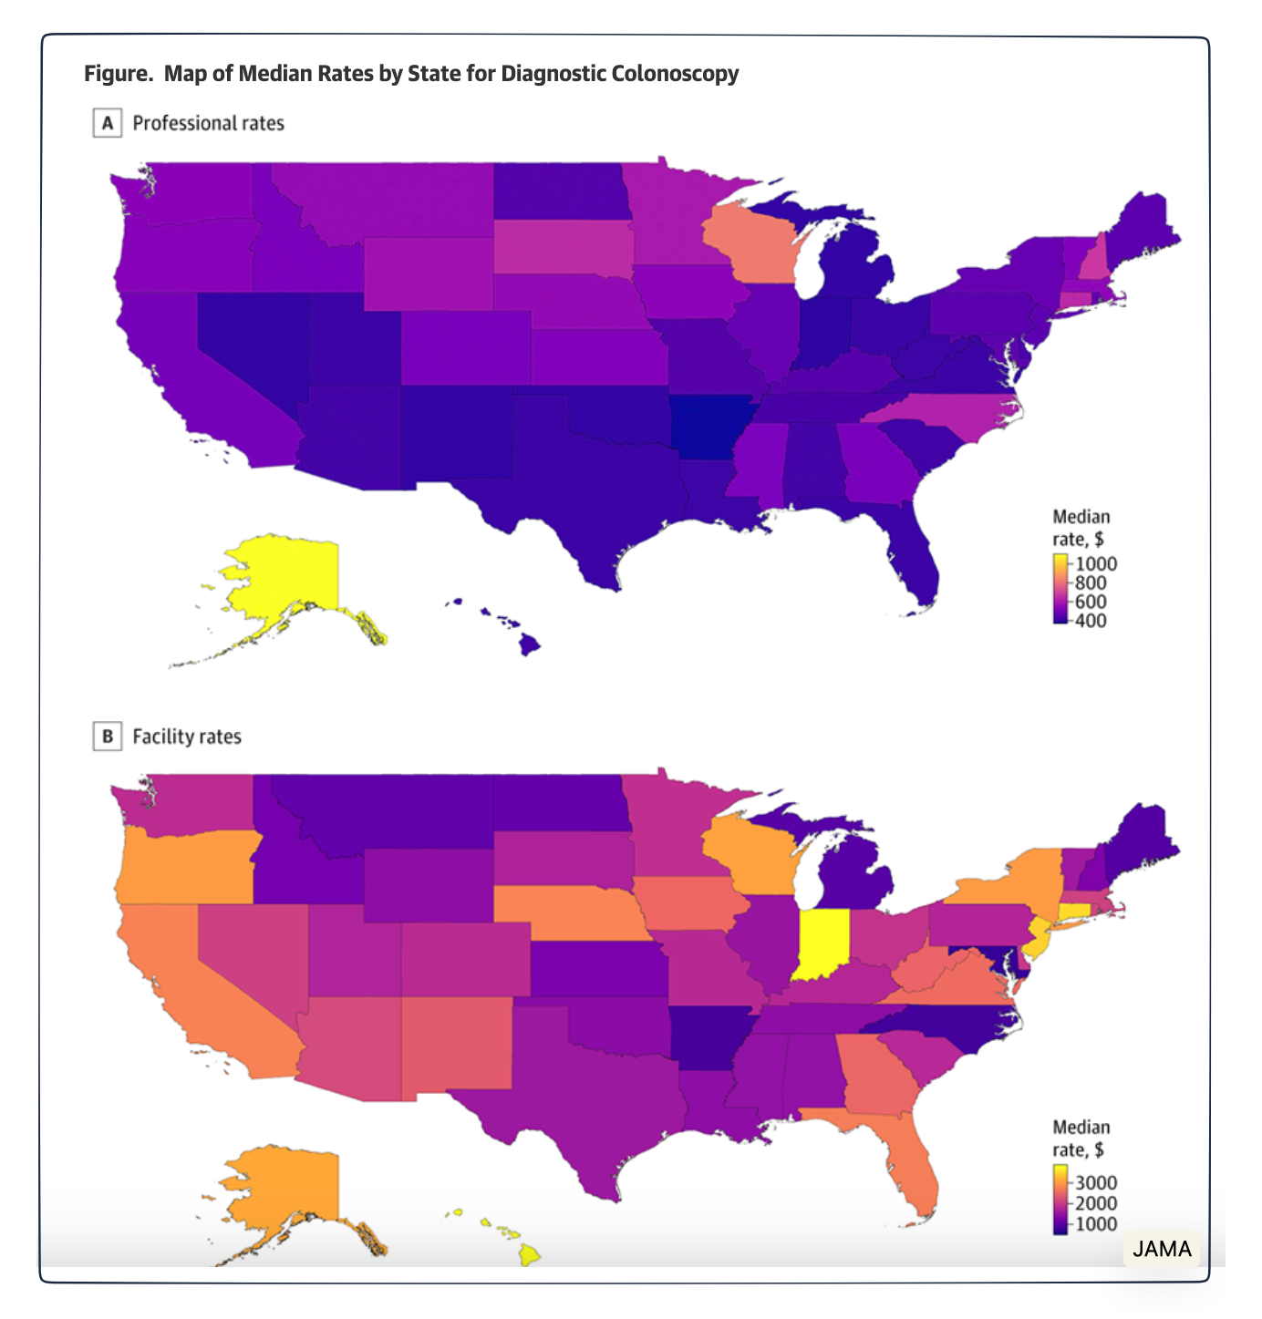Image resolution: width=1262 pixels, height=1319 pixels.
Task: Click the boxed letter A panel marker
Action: point(108,123)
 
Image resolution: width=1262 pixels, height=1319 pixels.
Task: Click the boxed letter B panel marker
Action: point(108,737)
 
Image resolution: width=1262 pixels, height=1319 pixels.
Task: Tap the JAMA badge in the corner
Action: point(1162,1248)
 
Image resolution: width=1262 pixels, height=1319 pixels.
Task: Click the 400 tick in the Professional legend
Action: point(1091,621)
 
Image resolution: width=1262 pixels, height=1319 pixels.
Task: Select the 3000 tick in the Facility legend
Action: point(1096,1183)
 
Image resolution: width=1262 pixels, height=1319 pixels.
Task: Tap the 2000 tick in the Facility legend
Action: point(1096,1203)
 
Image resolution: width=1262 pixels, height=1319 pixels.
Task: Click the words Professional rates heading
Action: point(208,123)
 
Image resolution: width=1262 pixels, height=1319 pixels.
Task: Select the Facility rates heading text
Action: point(187,737)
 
